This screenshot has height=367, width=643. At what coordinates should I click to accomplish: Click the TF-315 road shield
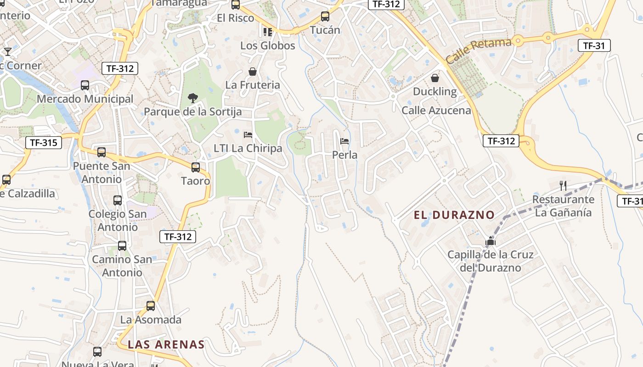[44, 143]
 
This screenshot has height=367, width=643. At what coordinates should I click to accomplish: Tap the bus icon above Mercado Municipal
[85, 85]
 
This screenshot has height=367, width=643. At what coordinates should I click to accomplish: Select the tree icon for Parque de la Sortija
[193, 97]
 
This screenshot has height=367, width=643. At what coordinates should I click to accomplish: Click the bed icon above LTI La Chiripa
[248, 135]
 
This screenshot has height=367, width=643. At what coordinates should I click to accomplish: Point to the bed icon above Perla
[344, 141]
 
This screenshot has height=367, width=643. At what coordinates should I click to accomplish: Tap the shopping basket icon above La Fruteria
[253, 72]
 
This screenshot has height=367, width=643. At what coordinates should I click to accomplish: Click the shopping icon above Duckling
[434, 78]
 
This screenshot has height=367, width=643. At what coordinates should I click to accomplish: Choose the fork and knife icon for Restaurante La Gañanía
[563, 185]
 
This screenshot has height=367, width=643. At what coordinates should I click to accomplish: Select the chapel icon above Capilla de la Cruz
[491, 241]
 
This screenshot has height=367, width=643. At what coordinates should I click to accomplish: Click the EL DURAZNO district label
[454, 215]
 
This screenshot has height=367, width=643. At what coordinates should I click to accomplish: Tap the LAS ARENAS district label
[166, 345]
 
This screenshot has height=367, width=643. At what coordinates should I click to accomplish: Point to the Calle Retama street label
[478, 51]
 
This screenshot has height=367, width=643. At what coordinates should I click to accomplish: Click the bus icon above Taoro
[196, 167]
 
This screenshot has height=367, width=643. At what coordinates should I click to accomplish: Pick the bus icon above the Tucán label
[325, 17]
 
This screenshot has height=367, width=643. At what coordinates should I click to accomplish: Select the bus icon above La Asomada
[151, 306]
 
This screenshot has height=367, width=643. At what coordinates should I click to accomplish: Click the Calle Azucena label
[436, 111]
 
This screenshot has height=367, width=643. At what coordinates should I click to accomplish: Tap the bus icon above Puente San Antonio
[102, 152]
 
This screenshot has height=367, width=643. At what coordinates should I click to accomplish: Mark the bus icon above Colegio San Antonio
[118, 200]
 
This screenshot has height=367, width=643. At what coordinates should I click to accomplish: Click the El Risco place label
[236, 18]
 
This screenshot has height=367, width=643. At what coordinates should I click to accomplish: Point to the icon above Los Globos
[268, 32]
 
